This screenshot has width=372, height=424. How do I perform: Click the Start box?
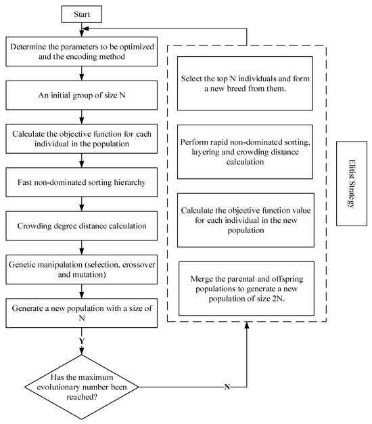(x=82, y=14)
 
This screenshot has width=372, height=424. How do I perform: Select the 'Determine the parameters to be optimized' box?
(x=82, y=51)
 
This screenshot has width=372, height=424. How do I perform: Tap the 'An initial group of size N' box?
(x=82, y=96)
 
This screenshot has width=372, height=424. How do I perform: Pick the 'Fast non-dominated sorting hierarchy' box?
(x=82, y=182)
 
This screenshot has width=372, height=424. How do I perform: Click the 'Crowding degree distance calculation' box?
(x=82, y=226)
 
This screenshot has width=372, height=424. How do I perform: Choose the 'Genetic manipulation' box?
(x=82, y=270)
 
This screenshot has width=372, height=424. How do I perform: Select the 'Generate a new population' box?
(x=82, y=313)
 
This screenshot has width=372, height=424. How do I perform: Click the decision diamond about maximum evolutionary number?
(x=82, y=387)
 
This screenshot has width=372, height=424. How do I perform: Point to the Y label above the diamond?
(x=82, y=341)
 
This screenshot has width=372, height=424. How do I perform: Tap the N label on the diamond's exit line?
(x=227, y=387)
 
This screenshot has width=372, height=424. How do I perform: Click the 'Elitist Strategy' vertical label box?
(x=352, y=184)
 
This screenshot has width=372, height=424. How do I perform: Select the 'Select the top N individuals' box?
(x=245, y=83)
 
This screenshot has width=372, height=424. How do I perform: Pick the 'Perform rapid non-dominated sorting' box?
(x=245, y=152)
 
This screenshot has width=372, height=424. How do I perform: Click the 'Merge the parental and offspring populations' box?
(x=246, y=289)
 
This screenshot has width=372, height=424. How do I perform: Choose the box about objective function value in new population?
(x=246, y=220)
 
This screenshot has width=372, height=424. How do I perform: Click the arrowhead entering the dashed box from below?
(x=246, y=325)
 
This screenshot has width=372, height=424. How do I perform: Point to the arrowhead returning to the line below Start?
(x=85, y=28)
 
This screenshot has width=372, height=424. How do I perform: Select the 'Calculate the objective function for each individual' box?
(x=82, y=139)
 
